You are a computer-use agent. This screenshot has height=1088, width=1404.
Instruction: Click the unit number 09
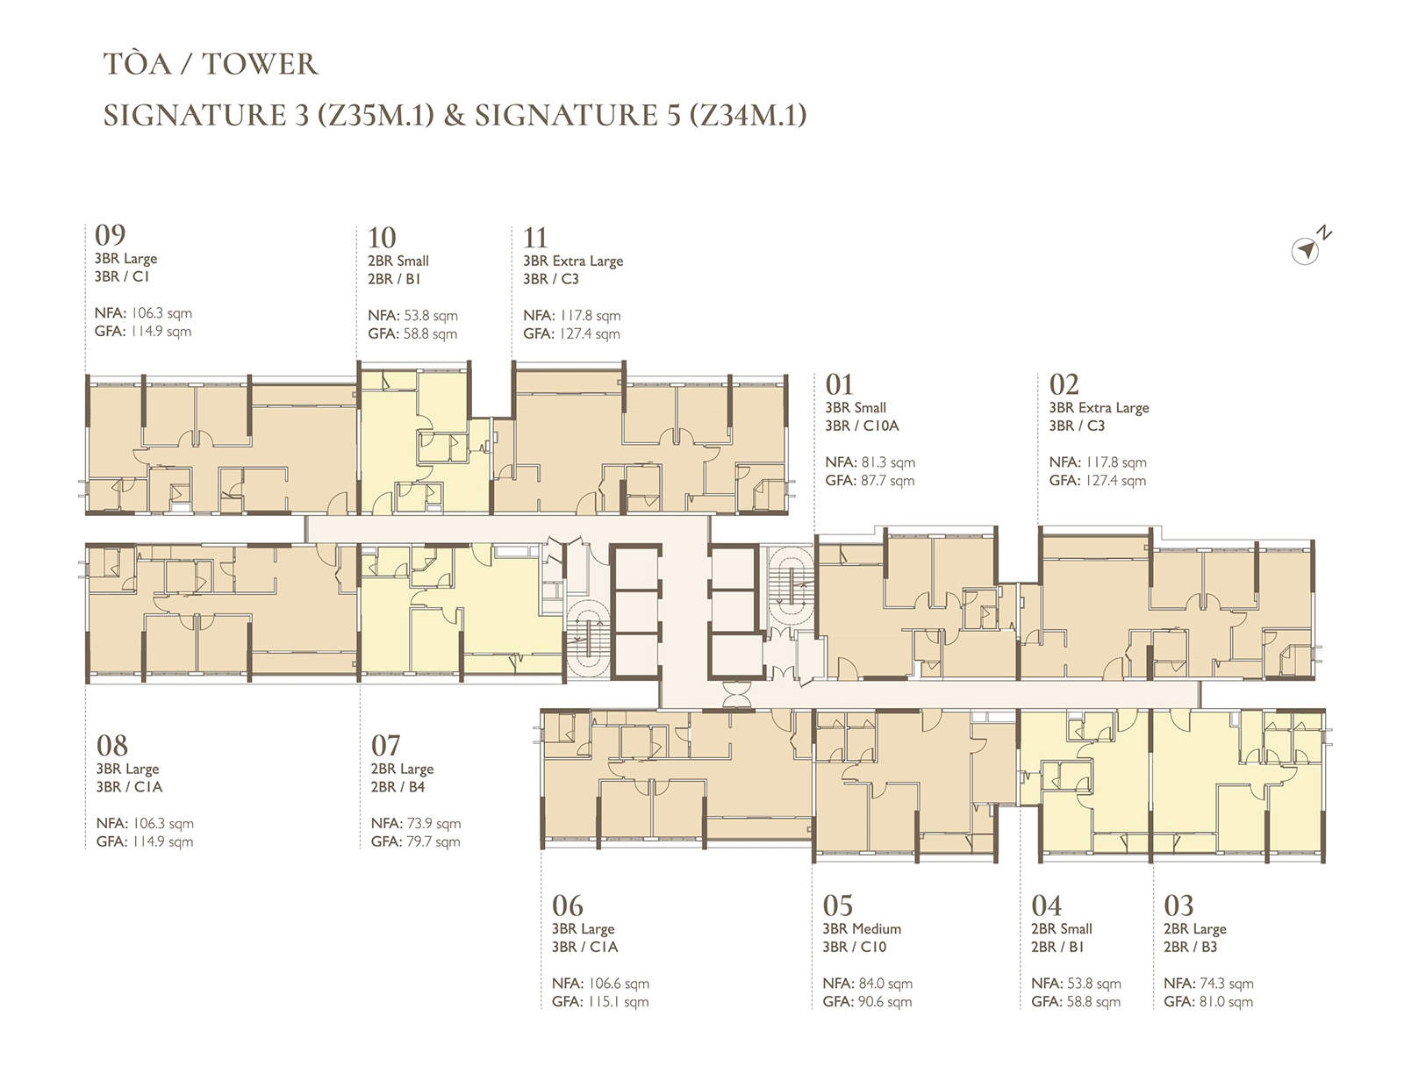110,235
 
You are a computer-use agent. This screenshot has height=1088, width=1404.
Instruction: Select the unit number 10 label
382,238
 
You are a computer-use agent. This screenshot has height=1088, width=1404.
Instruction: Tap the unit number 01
839,385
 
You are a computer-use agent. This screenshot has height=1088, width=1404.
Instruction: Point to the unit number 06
567,905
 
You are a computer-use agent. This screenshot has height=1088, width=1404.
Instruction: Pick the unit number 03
1178,905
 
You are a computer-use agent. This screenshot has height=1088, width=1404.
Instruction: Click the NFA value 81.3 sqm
888,462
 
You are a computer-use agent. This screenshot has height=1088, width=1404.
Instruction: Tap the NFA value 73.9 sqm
433,824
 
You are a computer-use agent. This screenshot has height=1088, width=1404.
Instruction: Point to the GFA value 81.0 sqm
1227,1001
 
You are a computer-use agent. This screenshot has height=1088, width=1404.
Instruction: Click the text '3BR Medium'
862,928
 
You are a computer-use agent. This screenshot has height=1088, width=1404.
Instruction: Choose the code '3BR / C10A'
862,426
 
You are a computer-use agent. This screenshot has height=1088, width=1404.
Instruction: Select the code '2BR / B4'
398,787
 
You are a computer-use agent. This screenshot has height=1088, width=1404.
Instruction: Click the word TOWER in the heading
260,64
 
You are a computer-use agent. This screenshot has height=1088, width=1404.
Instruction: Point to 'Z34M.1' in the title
749,115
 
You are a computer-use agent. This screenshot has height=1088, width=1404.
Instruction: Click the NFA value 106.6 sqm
619,984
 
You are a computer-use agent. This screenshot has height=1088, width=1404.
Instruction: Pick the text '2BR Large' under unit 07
402,769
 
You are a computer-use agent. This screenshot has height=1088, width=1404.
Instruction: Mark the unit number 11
535,238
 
